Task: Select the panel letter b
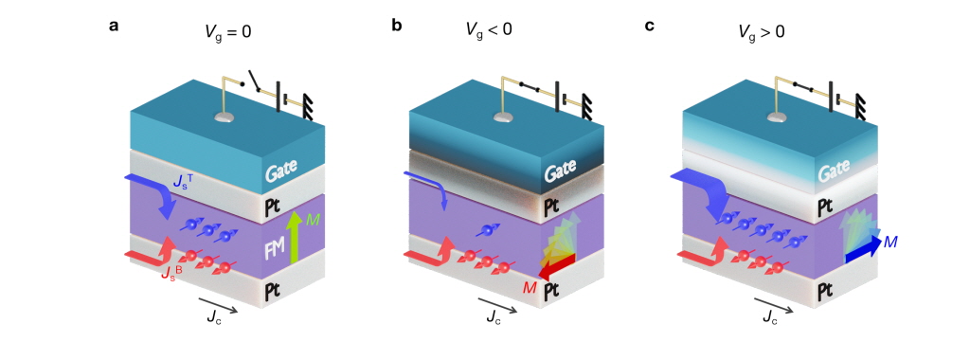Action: (x=397, y=26)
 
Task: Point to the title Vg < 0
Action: (x=489, y=29)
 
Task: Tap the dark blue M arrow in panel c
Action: (x=863, y=246)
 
